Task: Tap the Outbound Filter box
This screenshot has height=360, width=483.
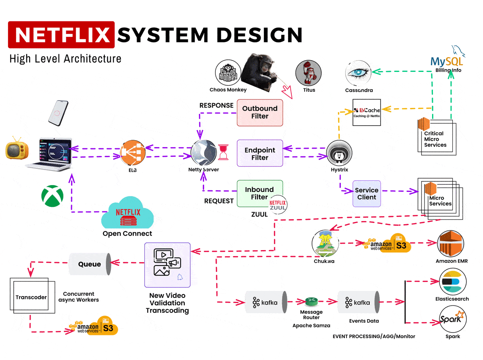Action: coord(259,112)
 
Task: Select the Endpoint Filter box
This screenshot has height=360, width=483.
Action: coord(259,154)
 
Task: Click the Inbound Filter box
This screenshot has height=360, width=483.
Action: coord(259,193)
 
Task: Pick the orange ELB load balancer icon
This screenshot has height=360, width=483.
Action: coord(132,153)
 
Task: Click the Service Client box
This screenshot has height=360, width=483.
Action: coord(367,194)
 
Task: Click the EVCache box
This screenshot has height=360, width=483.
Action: coord(367,112)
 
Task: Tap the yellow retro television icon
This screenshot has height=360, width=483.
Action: coord(17,150)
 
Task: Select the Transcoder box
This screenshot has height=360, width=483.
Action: coord(31,297)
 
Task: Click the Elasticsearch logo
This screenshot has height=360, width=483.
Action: coord(453,282)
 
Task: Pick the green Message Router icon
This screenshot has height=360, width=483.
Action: coord(312,302)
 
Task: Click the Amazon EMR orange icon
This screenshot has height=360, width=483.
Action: coord(451,244)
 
